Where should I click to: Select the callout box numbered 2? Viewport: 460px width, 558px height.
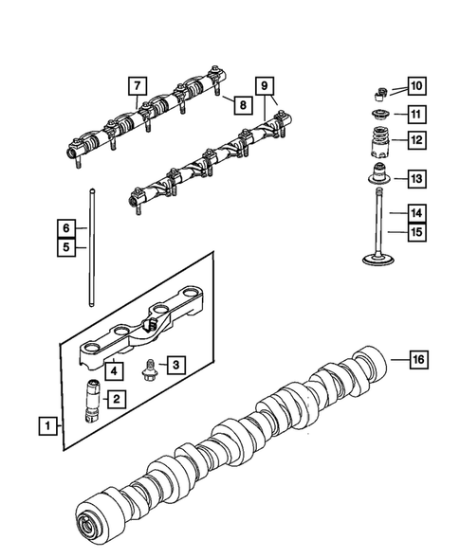coord(115,400)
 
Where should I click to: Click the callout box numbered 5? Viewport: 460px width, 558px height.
coord(64,249)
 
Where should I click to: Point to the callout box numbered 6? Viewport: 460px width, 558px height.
coord(64,228)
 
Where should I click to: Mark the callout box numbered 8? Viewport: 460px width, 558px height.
coord(242,104)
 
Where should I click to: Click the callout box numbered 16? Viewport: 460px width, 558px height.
coord(418,359)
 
